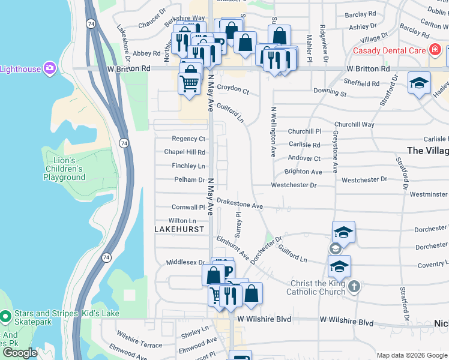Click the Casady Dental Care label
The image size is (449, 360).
pyautogui.click(x=387, y=51)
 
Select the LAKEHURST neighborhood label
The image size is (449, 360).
pyautogui.click(x=179, y=229)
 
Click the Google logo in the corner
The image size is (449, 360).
pyautogui.click(x=20, y=353)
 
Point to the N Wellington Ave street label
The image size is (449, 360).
pyautogui.click(x=273, y=131)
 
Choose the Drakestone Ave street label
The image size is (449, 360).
pyautogui.click(x=240, y=205)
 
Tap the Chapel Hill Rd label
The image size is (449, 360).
pyautogui.click(x=185, y=152)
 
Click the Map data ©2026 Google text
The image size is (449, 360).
pyautogui.click(x=411, y=355)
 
